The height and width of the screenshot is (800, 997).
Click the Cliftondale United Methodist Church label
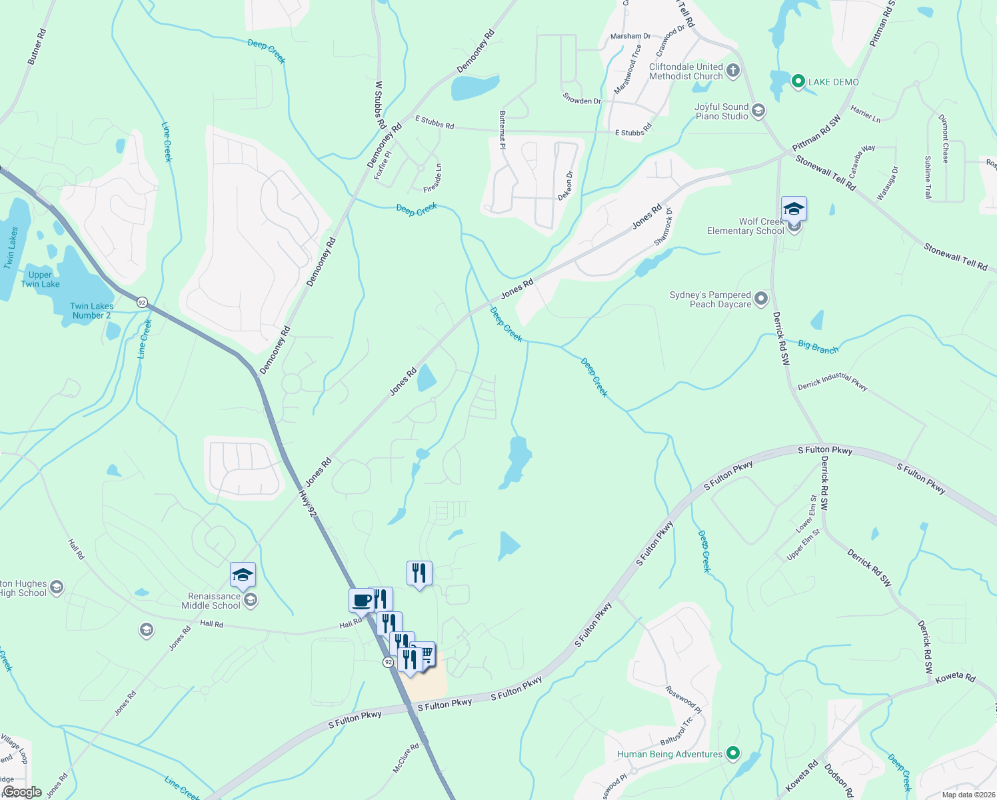686,71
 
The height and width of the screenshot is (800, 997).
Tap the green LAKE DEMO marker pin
798,82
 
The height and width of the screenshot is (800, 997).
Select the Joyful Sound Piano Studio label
721,111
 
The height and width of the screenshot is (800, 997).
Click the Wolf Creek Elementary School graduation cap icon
794,209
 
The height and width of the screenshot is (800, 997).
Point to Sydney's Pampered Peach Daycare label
710,299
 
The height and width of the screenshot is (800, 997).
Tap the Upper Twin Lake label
40,279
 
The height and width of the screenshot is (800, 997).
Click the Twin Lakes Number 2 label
91,311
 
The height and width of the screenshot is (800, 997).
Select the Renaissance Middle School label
213,601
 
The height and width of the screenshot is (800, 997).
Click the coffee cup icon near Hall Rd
361,600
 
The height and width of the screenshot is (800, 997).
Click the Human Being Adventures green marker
733,754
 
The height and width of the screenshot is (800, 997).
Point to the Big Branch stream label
818,347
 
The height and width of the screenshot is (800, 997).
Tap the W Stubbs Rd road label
380,105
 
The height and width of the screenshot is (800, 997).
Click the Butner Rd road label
37,46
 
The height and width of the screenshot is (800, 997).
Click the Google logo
22,792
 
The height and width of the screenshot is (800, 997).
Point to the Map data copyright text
968,795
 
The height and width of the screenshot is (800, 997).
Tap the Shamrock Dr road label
664,227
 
